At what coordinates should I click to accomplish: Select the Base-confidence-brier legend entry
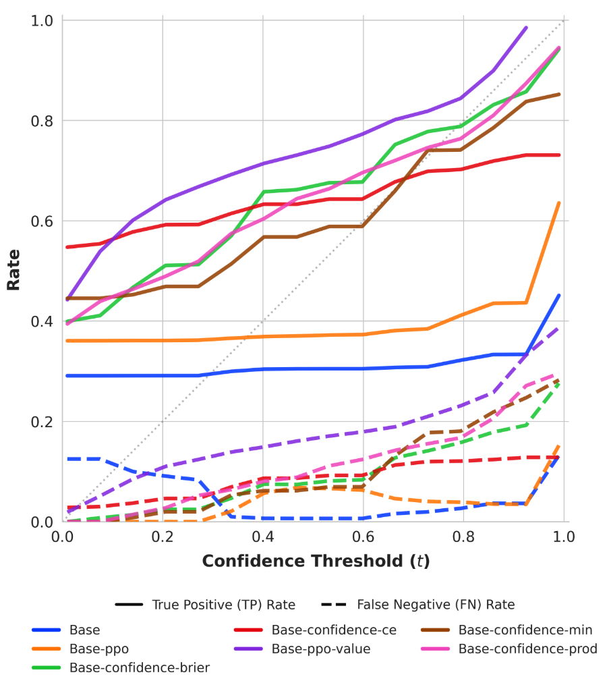coord(139,668)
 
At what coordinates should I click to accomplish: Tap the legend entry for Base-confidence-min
coord(525,630)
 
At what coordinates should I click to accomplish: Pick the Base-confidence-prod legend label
coord(527,649)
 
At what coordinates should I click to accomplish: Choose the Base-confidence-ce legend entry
coord(333,630)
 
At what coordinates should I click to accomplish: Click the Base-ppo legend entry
coord(98,649)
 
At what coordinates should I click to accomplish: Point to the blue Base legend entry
coord(84,630)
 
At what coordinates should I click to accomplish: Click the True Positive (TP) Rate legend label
coord(223,605)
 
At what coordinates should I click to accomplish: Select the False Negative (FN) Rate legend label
coord(436,605)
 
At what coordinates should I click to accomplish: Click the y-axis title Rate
coord(13,270)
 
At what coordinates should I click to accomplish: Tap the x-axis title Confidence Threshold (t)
coord(316,561)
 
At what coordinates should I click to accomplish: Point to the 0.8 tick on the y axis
coord(42,121)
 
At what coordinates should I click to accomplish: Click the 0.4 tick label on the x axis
coord(263,537)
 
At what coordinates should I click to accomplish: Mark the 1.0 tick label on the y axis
coord(42,21)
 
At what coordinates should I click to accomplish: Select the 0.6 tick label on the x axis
coord(363,537)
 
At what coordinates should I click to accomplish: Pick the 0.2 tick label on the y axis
coord(42,422)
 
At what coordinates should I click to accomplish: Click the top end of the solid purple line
coord(525,28)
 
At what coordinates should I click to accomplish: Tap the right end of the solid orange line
coord(559,202)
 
